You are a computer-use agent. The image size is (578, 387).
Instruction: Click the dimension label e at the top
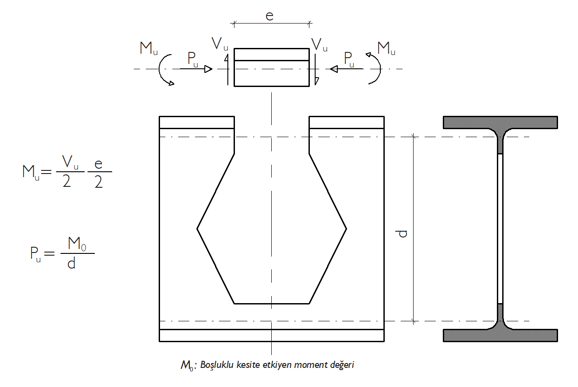click(x=269, y=16)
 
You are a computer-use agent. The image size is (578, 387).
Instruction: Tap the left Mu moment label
click(x=148, y=48)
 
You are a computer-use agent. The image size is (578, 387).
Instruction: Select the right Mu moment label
click(x=386, y=48)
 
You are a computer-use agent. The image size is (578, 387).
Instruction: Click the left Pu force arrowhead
click(x=208, y=69)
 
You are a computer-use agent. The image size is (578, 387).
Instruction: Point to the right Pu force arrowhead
click(x=334, y=69)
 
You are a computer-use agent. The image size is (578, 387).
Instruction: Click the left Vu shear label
click(x=220, y=43)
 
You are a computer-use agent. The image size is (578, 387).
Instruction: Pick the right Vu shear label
click(x=319, y=45)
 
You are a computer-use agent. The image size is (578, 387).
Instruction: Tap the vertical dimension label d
click(x=402, y=233)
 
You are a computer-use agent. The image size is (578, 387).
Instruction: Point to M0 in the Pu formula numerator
click(x=77, y=244)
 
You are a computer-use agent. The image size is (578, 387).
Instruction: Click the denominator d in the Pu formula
click(x=71, y=263)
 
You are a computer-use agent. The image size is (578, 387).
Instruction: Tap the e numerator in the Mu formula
click(x=98, y=164)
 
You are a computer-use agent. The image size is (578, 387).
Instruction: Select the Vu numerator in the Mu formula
click(x=70, y=162)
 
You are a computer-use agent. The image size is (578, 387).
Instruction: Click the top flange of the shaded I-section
click(x=500, y=122)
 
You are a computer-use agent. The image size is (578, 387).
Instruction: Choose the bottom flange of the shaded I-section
click(x=500, y=336)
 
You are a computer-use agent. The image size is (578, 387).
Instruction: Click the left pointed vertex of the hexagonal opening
click(x=197, y=229)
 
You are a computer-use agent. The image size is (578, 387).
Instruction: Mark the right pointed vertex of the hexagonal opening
click(x=346, y=229)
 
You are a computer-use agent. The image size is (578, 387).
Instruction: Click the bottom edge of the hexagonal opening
click(x=272, y=304)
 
